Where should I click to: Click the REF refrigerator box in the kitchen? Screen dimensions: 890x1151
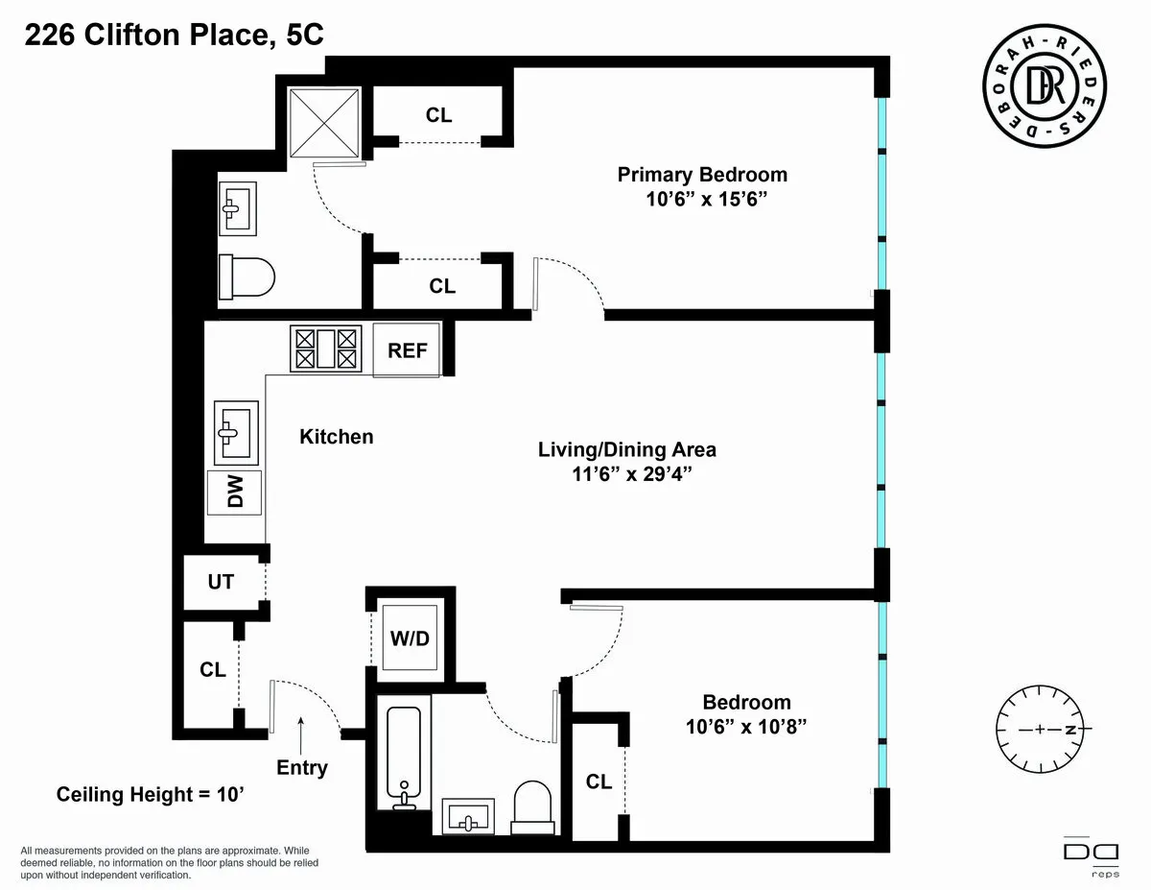[x=407, y=350]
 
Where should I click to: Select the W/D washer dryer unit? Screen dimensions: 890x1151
[x=407, y=637]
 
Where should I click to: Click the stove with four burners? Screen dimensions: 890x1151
[x=326, y=348]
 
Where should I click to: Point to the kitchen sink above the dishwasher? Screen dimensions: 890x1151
[x=233, y=433]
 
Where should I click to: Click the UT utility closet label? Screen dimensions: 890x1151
[x=221, y=582]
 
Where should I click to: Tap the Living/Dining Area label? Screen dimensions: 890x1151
[x=626, y=449]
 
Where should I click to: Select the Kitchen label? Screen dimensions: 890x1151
[x=337, y=437]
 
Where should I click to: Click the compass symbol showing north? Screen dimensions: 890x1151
[x=1040, y=729]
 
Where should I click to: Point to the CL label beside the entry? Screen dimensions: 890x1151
[x=212, y=670]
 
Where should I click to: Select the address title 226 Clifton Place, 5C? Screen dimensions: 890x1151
[x=173, y=36]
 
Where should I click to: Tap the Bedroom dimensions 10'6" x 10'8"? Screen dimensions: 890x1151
[x=745, y=727]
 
